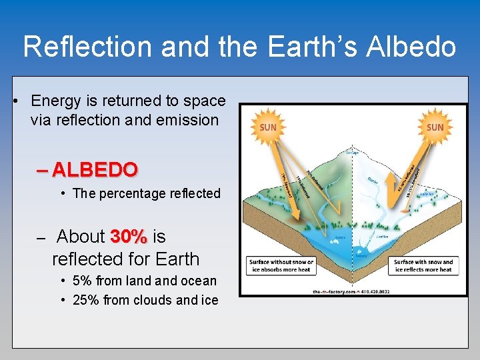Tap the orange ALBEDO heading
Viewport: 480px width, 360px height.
coord(94,169)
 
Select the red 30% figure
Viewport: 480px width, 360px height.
coord(129,237)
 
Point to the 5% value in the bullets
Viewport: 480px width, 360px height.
coord(82,281)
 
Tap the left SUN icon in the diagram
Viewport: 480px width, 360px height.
coord(267,126)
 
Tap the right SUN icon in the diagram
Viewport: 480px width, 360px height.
coord(434,126)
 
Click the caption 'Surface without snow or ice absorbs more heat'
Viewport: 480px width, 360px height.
coord(281,266)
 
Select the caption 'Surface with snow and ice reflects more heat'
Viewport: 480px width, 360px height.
coord(423,266)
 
